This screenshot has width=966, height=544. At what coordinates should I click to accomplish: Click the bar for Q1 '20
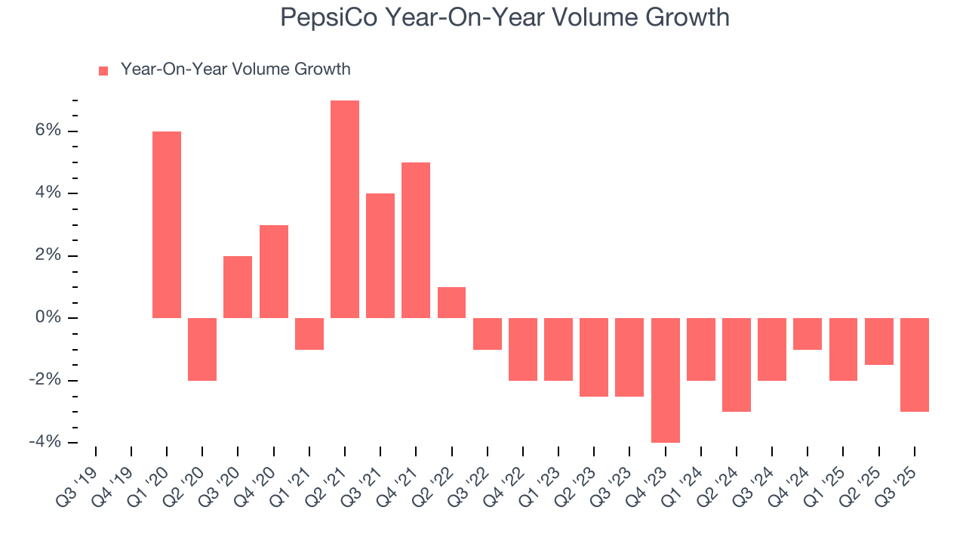pyautogui.click(x=167, y=224)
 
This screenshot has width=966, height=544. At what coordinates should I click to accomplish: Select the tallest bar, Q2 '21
pyautogui.click(x=345, y=209)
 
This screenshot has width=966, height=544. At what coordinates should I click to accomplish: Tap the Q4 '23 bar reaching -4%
pyautogui.click(x=666, y=380)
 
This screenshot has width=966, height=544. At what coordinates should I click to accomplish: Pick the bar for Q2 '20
pyautogui.click(x=202, y=349)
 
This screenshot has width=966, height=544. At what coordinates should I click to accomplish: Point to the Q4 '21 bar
pyautogui.click(x=416, y=240)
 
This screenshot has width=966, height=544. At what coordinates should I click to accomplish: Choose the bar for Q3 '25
pyautogui.click(x=915, y=364)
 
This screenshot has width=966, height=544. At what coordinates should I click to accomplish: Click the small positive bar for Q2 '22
pyautogui.click(x=451, y=302)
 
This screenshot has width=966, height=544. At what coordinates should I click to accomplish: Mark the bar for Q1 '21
pyautogui.click(x=309, y=333)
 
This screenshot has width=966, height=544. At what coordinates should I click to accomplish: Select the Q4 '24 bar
pyautogui.click(x=808, y=333)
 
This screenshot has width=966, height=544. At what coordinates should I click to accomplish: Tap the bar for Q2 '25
pyautogui.click(x=879, y=342)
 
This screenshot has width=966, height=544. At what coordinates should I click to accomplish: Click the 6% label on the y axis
pyautogui.click(x=47, y=131)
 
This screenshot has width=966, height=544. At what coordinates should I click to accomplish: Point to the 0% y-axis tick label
pyautogui.click(x=47, y=318)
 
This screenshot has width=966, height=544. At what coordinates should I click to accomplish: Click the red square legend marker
pyautogui.click(x=103, y=70)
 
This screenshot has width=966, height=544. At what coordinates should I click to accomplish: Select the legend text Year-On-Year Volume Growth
pyautogui.click(x=235, y=70)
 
